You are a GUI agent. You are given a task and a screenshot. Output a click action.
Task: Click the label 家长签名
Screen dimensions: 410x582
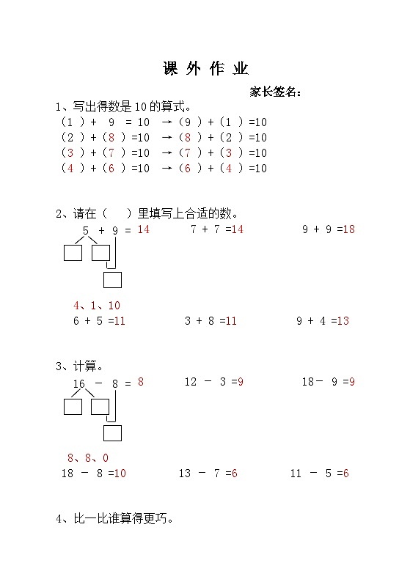275,92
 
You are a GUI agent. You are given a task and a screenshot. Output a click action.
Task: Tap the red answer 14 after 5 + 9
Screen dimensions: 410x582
143,229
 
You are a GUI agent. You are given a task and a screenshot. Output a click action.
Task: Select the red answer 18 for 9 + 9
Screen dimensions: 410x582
348,229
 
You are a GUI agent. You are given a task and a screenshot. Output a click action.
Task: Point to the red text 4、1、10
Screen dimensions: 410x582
96,306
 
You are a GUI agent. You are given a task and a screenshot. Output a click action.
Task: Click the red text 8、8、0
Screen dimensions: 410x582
88,458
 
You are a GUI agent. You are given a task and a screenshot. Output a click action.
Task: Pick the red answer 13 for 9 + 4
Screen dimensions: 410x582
343,320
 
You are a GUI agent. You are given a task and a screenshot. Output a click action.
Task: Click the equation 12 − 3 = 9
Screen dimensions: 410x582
213,382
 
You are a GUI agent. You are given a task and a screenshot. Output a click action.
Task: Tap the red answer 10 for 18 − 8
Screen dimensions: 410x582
120,474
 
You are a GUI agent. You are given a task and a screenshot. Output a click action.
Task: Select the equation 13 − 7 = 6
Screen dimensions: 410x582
208,474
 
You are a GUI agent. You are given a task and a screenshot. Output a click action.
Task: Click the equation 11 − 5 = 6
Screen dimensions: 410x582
319,474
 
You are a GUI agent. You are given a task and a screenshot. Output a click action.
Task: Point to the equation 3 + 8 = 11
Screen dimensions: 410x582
211,320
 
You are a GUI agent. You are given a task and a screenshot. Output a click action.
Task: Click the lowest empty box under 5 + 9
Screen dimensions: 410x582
112,280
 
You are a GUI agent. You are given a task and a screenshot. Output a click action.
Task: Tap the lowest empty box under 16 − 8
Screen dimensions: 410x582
112,433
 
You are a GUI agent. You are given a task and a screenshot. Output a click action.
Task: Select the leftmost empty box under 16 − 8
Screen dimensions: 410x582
73,406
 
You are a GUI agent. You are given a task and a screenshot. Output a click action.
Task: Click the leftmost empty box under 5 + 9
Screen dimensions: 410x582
73,253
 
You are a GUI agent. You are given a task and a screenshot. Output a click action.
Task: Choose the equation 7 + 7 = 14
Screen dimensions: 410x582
216,229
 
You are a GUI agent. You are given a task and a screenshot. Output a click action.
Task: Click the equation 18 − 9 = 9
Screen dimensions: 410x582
328,382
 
